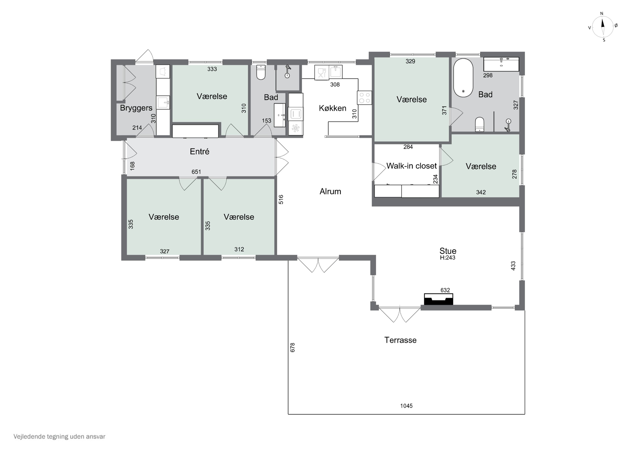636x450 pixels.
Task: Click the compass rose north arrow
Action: click(603, 27)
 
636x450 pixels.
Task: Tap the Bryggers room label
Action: click(136, 108)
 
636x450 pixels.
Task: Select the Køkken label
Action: click(332, 108)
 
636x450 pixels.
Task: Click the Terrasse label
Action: click(400, 340)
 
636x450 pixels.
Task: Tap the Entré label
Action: click(199, 151)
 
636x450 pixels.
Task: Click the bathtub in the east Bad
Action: click(463, 78)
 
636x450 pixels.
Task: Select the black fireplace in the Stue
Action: click(439, 299)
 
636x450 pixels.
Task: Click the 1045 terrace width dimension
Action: click(406, 406)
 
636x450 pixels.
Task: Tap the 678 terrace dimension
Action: click(293, 347)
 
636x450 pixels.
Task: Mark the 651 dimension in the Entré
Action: click(196, 172)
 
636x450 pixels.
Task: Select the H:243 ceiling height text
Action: click(448, 258)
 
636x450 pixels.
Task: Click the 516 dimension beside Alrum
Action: click(281, 200)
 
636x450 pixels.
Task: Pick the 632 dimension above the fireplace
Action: click(445, 290)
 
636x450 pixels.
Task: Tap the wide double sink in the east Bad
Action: click(501, 64)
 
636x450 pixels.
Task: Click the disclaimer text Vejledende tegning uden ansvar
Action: click(59, 437)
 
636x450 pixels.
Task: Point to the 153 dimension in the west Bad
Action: click(266, 121)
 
